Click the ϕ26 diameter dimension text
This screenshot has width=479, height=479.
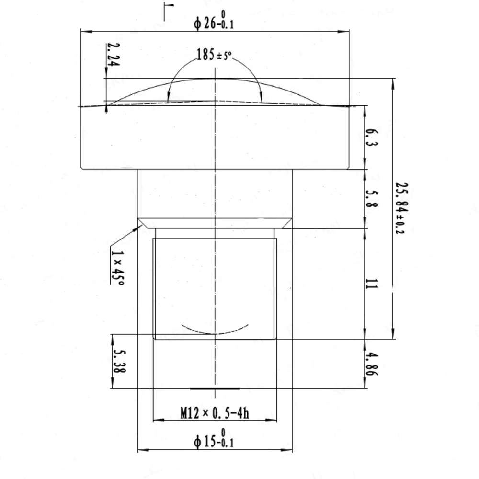click(214, 23)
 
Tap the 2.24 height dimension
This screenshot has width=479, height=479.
click(114, 54)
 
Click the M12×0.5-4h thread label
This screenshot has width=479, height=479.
click(215, 413)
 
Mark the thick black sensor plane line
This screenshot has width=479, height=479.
click(215, 388)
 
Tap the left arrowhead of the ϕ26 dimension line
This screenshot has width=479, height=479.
click(85, 32)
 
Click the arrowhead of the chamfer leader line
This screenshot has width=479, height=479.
click(140, 226)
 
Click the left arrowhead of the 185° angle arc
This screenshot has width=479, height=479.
click(168, 98)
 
